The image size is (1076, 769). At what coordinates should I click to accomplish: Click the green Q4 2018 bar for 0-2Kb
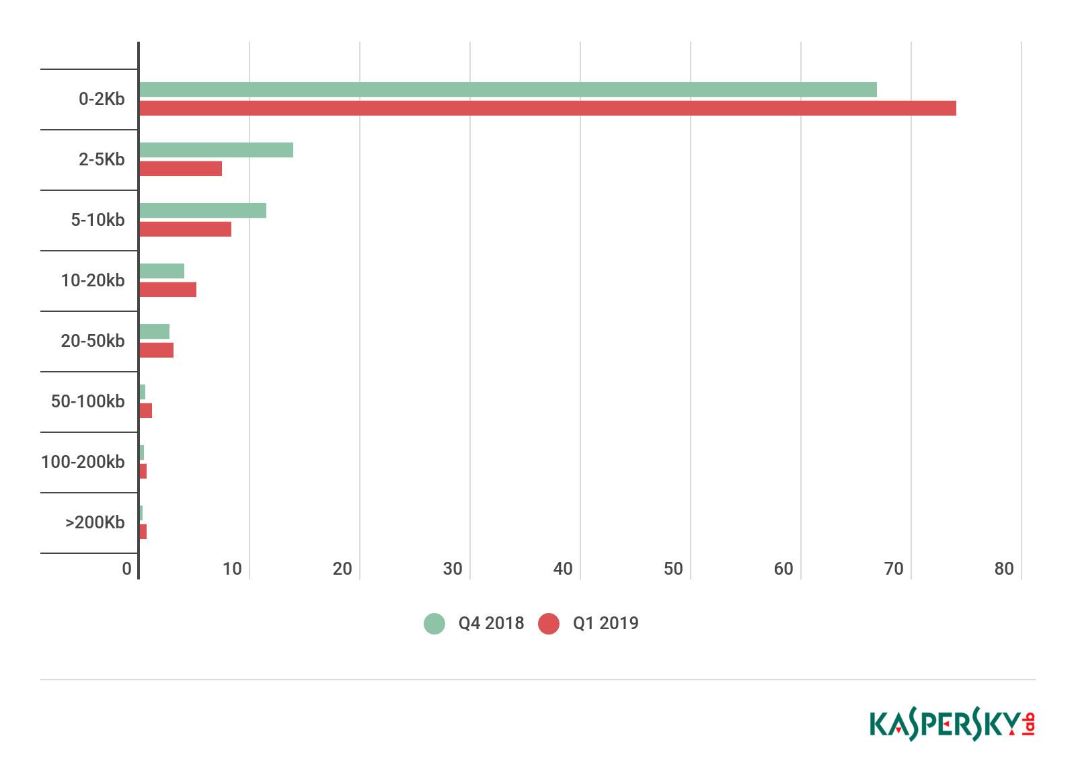pyautogui.click(x=508, y=89)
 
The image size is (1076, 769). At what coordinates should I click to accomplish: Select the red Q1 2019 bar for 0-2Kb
pyautogui.click(x=547, y=108)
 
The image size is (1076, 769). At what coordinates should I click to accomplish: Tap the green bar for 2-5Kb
pyautogui.click(x=216, y=150)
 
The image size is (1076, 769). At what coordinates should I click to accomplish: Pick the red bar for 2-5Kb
pyautogui.click(x=180, y=169)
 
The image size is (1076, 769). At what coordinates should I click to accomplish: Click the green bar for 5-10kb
pyautogui.click(x=202, y=210)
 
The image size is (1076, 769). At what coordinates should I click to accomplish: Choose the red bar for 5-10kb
pyautogui.click(x=185, y=229)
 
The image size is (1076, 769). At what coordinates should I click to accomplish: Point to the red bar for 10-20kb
pyautogui.click(x=167, y=290)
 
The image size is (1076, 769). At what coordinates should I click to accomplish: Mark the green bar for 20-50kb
pyautogui.click(x=154, y=331)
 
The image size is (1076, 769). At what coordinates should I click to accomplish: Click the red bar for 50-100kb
pyautogui.click(x=145, y=411)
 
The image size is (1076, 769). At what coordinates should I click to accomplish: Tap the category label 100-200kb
pyautogui.click(x=83, y=462)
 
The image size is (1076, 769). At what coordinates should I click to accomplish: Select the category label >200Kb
pyautogui.click(x=95, y=523)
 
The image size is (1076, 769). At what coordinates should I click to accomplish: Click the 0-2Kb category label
pyautogui.click(x=102, y=99)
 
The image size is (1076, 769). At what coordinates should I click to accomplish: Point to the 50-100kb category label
pyautogui.click(x=87, y=402)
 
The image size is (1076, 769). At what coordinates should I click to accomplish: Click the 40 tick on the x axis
pyautogui.click(x=563, y=569)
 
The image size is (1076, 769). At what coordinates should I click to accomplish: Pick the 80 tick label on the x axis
pyautogui.click(x=1004, y=569)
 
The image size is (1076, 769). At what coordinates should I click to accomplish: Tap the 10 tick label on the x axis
pyautogui.click(x=232, y=569)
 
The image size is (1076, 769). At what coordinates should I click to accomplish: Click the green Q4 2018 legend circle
pyautogui.click(x=434, y=624)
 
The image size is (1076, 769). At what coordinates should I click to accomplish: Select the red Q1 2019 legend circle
pyautogui.click(x=549, y=624)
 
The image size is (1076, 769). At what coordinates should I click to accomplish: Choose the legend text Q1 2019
pyautogui.click(x=605, y=624)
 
